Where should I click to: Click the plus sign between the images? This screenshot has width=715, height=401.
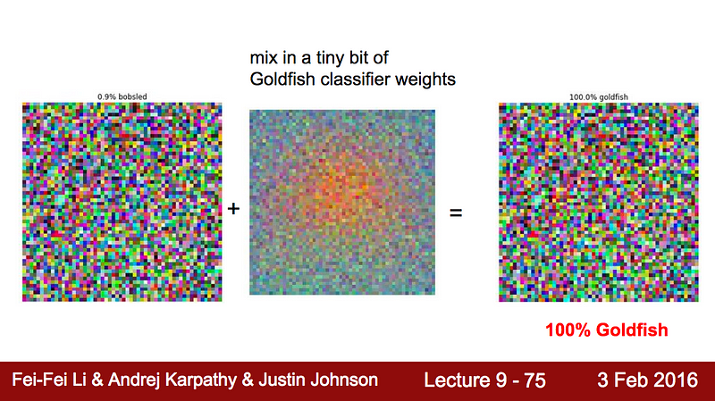pyautogui.click(x=233, y=209)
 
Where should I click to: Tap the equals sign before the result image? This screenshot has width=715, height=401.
pyautogui.click(x=456, y=213)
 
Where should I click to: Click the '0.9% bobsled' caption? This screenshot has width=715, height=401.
pyautogui.click(x=122, y=96)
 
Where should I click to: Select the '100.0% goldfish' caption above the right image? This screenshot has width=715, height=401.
pyautogui.click(x=598, y=97)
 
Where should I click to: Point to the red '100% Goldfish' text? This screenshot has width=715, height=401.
pyautogui.click(x=607, y=330)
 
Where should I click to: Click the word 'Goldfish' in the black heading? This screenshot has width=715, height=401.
pyautogui.click(x=283, y=79)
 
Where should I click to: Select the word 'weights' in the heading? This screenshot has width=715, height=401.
pyautogui.click(x=425, y=80)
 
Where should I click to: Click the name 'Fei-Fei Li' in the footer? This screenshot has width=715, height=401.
pyautogui.click(x=49, y=380)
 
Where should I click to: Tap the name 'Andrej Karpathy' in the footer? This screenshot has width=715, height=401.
pyautogui.click(x=174, y=380)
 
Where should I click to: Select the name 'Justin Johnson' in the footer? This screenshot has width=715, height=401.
pyautogui.click(x=318, y=380)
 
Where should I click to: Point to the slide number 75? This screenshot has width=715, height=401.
pyautogui.click(x=534, y=380)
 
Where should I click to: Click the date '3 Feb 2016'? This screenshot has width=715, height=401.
pyautogui.click(x=647, y=380)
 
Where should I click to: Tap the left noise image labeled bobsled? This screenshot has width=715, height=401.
pyautogui.click(x=122, y=202)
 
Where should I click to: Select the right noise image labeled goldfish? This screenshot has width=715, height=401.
pyautogui.click(x=598, y=202)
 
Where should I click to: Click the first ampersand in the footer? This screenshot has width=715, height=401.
pyautogui.click(x=97, y=380)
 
